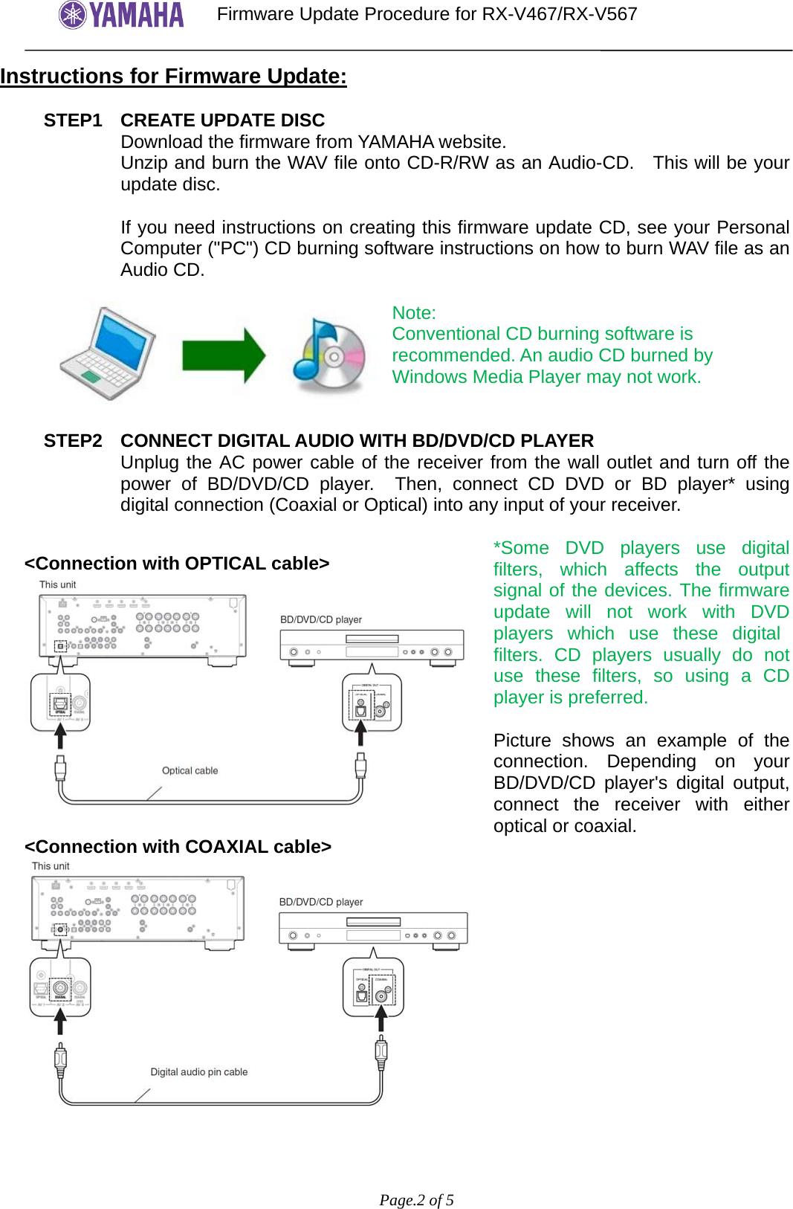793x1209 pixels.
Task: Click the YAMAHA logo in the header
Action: click(x=121, y=15)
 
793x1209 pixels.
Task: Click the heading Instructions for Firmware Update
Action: click(x=173, y=77)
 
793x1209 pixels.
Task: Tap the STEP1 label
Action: click(x=73, y=120)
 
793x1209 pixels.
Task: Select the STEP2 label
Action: click(x=73, y=441)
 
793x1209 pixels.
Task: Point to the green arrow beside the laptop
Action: click(x=223, y=356)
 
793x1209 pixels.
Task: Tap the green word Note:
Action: click(x=414, y=313)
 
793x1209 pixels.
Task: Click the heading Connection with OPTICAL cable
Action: click(x=177, y=564)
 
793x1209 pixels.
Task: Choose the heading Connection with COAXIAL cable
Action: click(x=178, y=847)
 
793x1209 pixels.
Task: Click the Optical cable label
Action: click(x=190, y=771)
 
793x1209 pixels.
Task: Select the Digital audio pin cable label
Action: click(x=198, y=1072)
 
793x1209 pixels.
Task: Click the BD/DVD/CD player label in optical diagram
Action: click(x=320, y=619)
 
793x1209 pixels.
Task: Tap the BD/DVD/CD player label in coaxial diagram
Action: click(x=320, y=902)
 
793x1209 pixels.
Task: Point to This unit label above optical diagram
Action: click(x=57, y=584)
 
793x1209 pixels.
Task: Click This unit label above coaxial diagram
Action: click(x=51, y=866)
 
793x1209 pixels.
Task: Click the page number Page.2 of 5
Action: click(x=416, y=1200)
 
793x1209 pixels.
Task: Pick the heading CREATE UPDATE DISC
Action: click(x=222, y=120)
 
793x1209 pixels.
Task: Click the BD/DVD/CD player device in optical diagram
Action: click(x=372, y=646)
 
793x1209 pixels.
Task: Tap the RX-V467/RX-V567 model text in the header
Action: click(x=559, y=14)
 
